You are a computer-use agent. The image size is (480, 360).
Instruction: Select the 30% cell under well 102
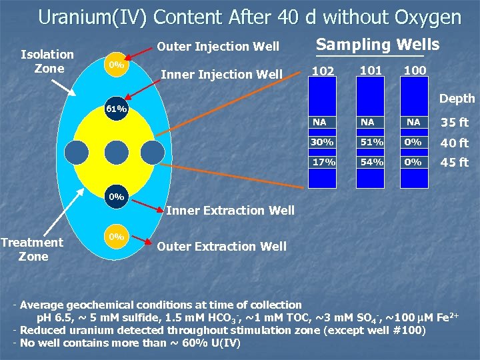click(323, 142)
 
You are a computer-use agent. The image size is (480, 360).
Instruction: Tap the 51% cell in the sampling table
click(371, 142)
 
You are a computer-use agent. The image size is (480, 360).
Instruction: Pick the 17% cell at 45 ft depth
click(323, 162)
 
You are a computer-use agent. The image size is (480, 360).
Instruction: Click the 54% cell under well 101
click(371, 162)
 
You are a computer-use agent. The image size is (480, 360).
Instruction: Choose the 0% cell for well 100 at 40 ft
click(413, 142)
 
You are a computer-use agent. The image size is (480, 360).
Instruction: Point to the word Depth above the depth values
click(457, 99)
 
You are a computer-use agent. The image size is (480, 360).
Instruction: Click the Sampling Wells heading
click(377, 45)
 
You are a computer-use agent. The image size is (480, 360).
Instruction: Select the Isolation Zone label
click(47, 61)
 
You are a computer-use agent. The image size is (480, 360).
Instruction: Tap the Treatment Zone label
click(32, 249)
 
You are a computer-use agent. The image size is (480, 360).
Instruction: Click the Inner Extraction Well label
click(230, 211)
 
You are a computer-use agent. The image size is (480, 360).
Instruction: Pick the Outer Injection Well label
click(217, 47)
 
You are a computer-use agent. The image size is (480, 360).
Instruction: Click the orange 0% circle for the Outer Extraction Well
click(117, 237)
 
